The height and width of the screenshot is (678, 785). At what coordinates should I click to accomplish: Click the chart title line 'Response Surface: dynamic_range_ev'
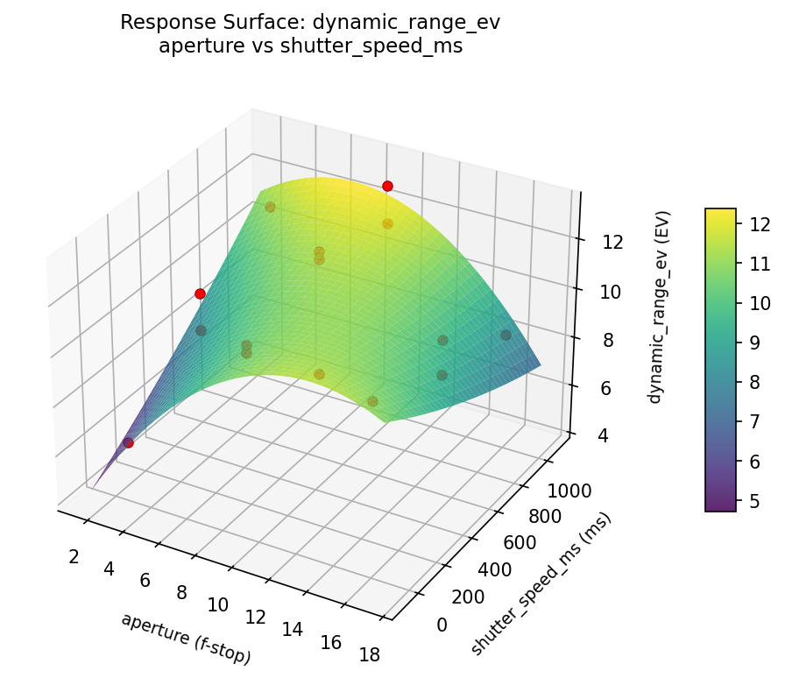point(310,23)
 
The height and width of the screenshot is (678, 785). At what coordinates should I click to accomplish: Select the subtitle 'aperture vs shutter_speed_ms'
point(310,46)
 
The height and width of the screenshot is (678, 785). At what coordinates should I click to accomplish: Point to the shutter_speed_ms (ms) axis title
point(541,583)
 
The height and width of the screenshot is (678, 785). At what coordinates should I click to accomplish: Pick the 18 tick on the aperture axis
point(369,653)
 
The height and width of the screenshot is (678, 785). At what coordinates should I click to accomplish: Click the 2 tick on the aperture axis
point(74,557)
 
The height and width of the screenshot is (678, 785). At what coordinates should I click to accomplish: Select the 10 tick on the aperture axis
point(218,604)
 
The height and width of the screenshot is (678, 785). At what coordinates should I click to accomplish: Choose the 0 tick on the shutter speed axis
point(442,624)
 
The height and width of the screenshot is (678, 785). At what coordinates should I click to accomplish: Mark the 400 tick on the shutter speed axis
point(496,569)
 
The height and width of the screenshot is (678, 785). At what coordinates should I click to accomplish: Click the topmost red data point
point(387,186)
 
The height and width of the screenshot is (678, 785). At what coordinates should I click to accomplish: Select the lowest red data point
point(129,442)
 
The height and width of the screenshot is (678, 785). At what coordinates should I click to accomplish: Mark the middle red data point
point(200,293)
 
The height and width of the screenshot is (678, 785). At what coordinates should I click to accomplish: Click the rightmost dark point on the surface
point(506,335)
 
